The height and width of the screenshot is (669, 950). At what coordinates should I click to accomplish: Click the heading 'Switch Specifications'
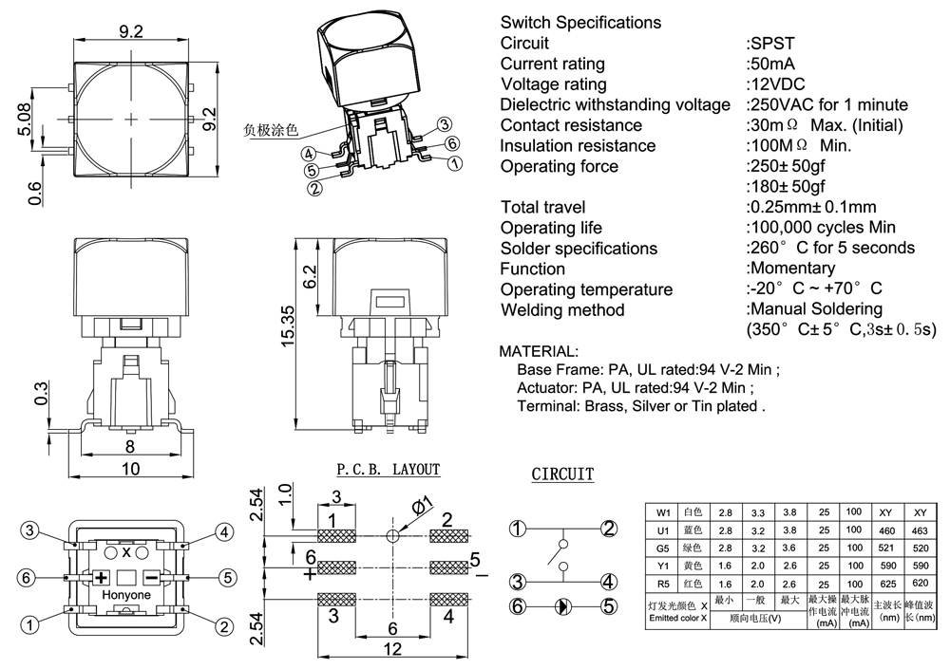point(580,22)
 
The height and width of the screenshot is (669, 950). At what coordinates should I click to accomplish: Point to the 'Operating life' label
point(551,228)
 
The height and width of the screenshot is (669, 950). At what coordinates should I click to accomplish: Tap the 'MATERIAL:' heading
point(538,351)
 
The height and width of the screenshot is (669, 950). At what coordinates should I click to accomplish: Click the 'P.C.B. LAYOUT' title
point(389,470)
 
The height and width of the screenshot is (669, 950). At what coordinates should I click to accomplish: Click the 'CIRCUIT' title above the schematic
point(562,474)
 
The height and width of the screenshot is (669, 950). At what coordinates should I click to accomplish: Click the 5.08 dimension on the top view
point(25,120)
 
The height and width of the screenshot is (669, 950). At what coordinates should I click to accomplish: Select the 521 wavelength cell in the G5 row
point(889,548)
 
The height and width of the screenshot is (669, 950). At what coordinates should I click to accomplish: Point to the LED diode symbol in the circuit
point(561,605)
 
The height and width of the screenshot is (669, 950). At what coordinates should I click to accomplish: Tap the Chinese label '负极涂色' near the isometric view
point(271,130)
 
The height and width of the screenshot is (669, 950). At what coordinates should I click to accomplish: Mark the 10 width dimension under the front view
point(129,468)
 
